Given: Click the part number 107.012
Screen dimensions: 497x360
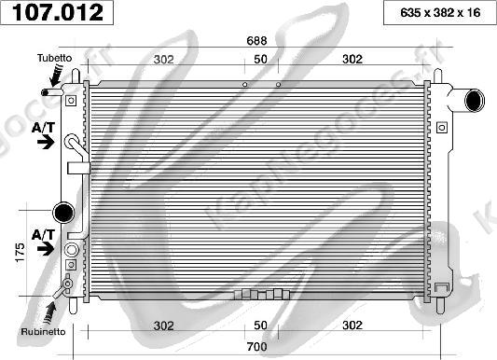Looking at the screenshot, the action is coord(58,13).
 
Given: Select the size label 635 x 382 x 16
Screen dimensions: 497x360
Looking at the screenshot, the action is coord(440,13).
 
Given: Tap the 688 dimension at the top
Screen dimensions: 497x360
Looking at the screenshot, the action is coord(256,40).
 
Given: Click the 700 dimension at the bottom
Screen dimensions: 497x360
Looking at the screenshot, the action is coord(256,346).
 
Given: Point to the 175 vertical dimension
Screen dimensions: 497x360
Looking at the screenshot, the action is coord(20,252).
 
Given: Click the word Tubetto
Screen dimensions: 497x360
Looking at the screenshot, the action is coord(54,58).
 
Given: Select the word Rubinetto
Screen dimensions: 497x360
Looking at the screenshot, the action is coord(43,332).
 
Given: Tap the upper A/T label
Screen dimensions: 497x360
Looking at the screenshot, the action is coord(44,128).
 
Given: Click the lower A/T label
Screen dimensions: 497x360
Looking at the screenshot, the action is coord(44,235).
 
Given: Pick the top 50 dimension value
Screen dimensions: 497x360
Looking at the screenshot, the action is coord(260,60).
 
